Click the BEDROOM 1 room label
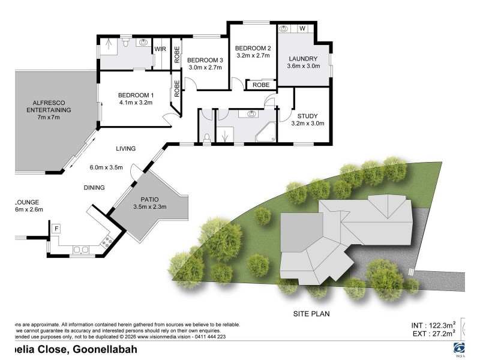[135, 95]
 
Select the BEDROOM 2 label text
[253, 48]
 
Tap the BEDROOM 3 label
[205, 60]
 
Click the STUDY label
[307, 116]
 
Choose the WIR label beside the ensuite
[160, 49]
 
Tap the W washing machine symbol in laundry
[302, 28]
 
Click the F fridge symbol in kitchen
[56, 229]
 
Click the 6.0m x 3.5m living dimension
[106, 167]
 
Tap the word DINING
[94, 188]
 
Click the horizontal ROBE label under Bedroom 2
[260, 85]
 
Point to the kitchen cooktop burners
[109, 242]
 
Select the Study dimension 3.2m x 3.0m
[307, 124]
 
